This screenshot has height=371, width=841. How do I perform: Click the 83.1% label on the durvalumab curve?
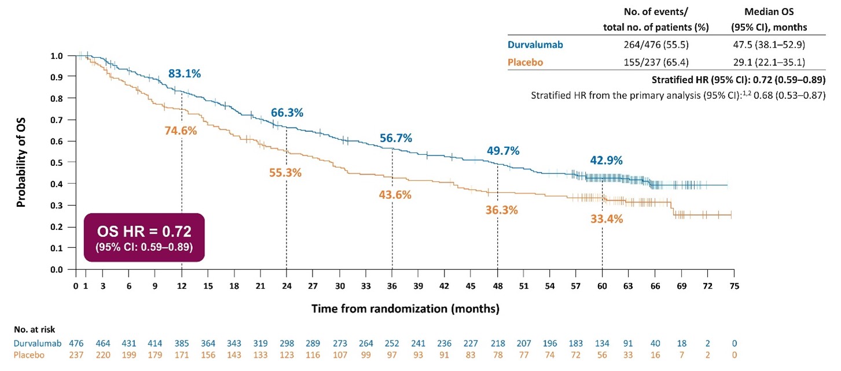[184, 74]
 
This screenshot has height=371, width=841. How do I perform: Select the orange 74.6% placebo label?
[181, 131]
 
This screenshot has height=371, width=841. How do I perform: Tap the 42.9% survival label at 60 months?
[606, 161]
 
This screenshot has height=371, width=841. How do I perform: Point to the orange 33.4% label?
[606, 219]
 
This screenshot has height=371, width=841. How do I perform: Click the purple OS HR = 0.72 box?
[144, 238]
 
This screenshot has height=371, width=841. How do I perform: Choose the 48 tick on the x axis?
[497, 285]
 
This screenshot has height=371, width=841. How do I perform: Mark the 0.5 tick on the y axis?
[57, 162]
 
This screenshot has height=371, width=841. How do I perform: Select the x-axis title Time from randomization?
[405, 309]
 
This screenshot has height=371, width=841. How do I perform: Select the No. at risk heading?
[35, 331]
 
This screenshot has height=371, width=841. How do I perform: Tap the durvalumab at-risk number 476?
[76, 343]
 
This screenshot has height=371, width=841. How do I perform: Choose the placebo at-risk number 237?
[76, 354]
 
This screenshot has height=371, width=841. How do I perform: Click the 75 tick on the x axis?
[734, 285]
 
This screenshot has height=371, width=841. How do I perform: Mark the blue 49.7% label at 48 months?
[503, 151]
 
